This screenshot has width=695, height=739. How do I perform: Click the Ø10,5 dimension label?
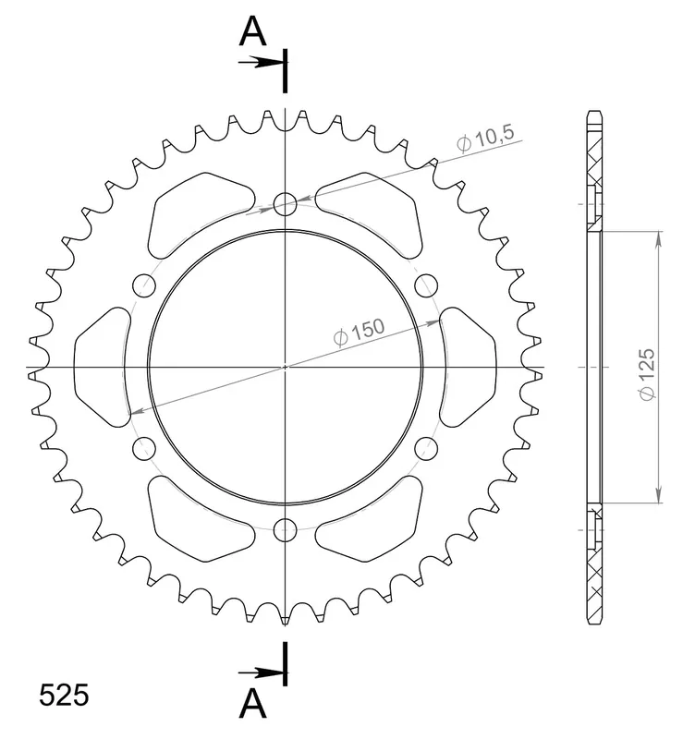coord(485,139)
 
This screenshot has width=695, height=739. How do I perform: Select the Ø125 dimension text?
coord(647,375)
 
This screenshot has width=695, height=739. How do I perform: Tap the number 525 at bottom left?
coord(64,696)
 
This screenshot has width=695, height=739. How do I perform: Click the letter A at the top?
coord(252,31)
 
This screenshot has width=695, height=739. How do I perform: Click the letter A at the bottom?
coord(252,703)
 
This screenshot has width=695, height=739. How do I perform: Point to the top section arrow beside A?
coord(262,62)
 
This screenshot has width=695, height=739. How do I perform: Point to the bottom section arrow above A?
coord(262,672)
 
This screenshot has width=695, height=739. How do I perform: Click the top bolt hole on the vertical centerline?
coord(285,203)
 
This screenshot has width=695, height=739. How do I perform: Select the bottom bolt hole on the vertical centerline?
coord(285,529)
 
